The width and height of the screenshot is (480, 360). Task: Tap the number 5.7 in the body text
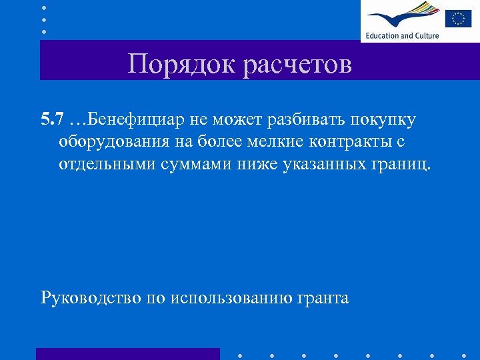[52, 119]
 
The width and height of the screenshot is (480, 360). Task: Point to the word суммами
[196, 164]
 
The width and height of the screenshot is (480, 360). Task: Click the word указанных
[323, 164]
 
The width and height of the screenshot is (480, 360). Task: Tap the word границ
[403, 164]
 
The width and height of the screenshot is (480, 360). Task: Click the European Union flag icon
[458, 17]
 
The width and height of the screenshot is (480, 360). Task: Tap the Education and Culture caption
[401, 35]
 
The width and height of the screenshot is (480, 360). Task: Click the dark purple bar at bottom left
[127, 353]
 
